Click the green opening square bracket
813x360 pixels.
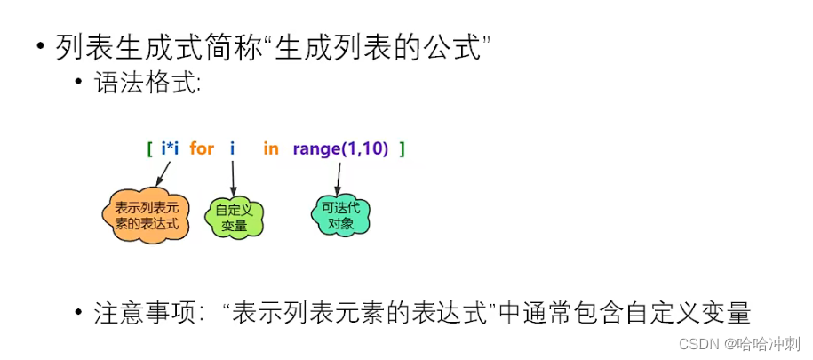[x=150, y=148]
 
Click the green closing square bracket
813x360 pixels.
[x=402, y=148]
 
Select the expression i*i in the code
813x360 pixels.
[x=170, y=148]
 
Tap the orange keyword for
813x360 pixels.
[x=202, y=148]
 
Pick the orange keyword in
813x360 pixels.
[x=270, y=148]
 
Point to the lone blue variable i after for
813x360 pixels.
[x=232, y=148]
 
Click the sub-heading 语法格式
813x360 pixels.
[x=147, y=85]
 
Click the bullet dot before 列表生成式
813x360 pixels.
[x=41, y=47]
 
